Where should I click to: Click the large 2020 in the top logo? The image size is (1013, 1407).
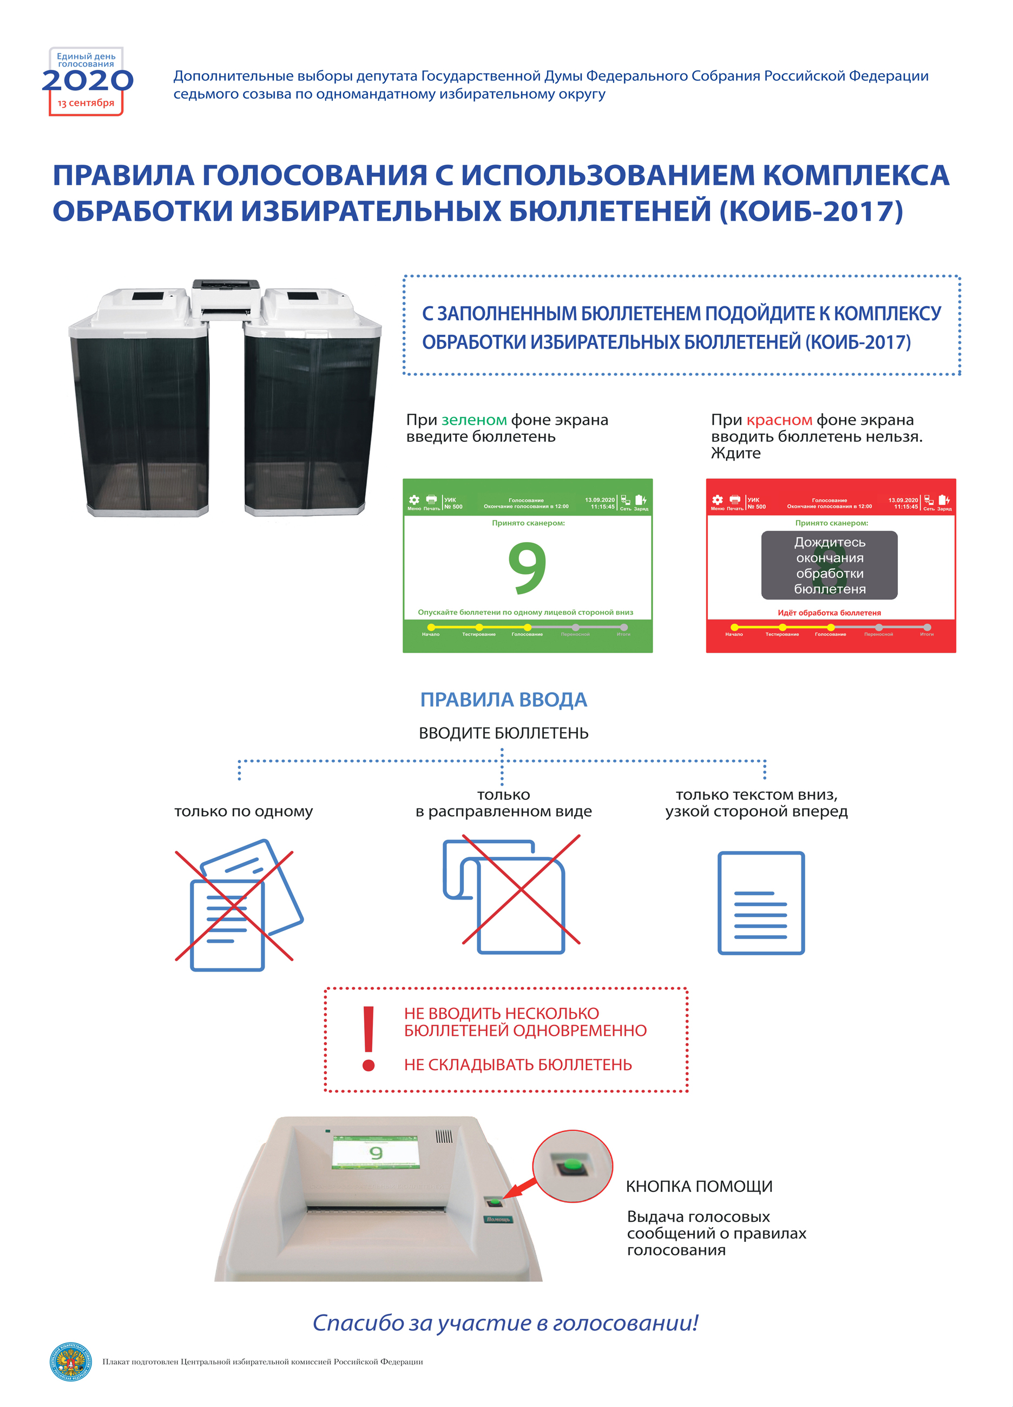click(x=88, y=81)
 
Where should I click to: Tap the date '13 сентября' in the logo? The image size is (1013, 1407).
click(x=85, y=103)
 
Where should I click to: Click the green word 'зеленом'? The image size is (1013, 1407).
click(x=473, y=420)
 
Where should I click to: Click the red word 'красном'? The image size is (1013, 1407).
click(x=779, y=420)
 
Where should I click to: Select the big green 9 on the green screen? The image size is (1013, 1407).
click(x=527, y=567)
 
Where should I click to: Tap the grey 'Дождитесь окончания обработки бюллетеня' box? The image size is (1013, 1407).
click(x=829, y=565)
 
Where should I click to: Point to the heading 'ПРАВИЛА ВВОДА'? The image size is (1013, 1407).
click(x=503, y=700)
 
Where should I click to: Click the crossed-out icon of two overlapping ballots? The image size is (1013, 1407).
click(x=239, y=904)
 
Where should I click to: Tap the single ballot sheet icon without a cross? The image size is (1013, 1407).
click(x=761, y=903)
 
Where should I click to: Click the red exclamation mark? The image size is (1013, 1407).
click(x=369, y=1039)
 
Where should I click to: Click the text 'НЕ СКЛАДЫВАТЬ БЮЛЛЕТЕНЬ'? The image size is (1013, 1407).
click(x=518, y=1065)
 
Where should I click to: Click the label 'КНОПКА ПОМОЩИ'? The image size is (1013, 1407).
click(x=699, y=1187)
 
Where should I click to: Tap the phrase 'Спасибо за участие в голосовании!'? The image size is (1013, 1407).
click(x=505, y=1322)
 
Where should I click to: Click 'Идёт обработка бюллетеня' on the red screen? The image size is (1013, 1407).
click(x=829, y=613)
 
